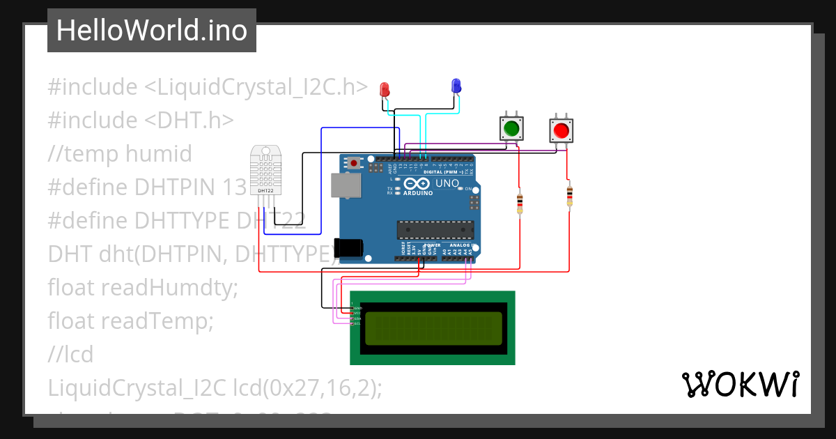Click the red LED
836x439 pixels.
point(384,89)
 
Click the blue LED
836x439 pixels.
point(456,86)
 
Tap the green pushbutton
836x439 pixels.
point(511,129)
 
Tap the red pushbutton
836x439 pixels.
point(562,130)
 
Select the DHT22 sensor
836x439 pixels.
point(265,171)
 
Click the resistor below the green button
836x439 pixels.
point(520,203)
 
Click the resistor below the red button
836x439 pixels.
point(570,197)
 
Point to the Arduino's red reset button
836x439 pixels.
point(355,164)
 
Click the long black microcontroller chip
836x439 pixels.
point(435,229)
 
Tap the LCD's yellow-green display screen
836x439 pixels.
point(433,328)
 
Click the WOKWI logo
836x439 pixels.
point(740,384)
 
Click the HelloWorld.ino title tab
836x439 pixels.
point(152,31)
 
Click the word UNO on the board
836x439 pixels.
point(447,183)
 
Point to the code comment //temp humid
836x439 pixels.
point(120,154)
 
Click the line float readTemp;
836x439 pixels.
point(130,321)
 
